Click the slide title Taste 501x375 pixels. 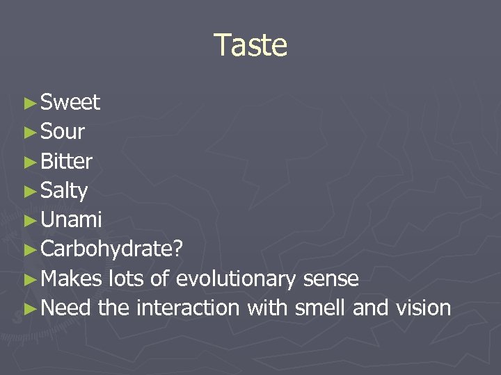[250, 45]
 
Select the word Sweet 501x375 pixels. [70, 103]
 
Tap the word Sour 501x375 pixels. [63, 132]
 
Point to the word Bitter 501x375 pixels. [66, 161]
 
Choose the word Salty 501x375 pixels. [64, 191]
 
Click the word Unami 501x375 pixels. [71, 220]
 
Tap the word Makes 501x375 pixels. [72, 279]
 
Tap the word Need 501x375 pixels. [66, 308]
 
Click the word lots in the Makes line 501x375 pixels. [127, 279]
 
